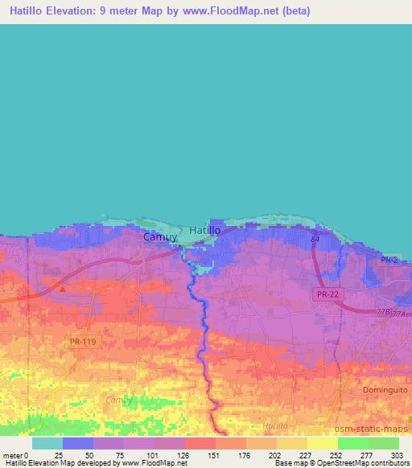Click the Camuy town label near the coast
pos(159,237)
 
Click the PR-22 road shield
pos(326,295)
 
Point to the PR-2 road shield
pos(389,260)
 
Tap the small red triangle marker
pos(63,287)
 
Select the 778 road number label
pos(382,311)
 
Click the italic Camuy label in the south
pos(121,399)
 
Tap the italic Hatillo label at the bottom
pos(274,425)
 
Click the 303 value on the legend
pos(398,456)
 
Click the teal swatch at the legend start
pos(47,443)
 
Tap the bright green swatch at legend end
pos(383,443)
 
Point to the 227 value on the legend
pos(306,456)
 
